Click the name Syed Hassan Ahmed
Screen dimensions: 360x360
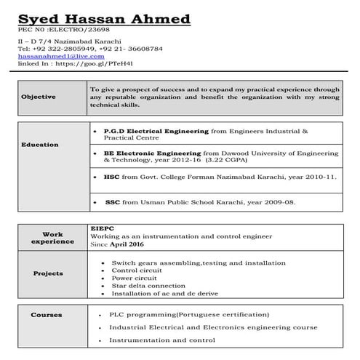coord(105,18)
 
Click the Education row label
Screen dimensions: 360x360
coord(40,145)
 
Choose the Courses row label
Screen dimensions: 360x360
coord(46,315)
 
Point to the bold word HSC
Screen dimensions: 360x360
coord(111,177)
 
